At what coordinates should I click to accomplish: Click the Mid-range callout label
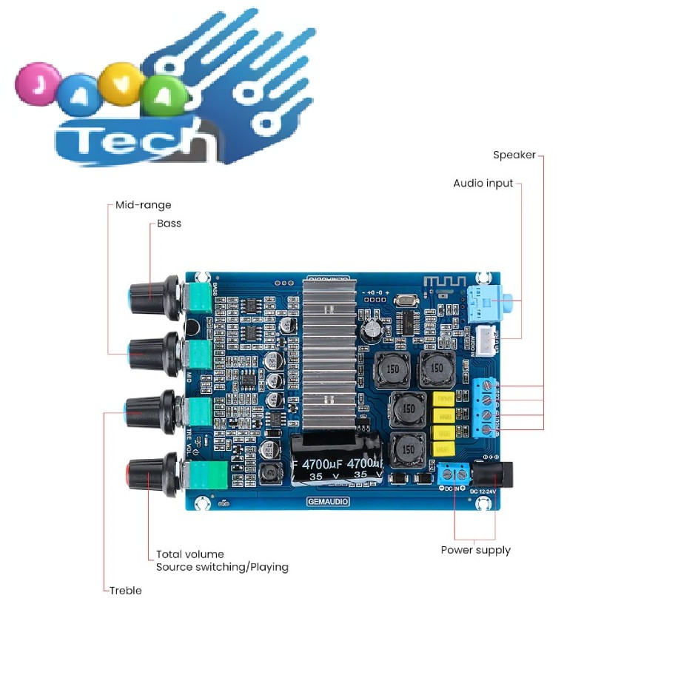pyautogui.click(x=143, y=205)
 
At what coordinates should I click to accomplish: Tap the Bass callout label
pyautogui.click(x=169, y=224)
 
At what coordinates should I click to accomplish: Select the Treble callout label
pyautogui.click(x=125, y=591)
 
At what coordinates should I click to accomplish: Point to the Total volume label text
pyautogui.click(x=189, y=554)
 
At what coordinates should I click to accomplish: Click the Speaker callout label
pyautogui.click(x=514, y=155)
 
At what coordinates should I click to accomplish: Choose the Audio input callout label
pyautogui.click(x=483, y=184)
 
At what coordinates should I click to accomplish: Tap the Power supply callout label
pyautogui.click(x=475, y=550)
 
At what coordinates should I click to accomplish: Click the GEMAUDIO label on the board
pyautogui.click(x=328, y=502)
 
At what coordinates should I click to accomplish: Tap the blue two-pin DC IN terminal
pyautogui.click(x=453, y=473)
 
